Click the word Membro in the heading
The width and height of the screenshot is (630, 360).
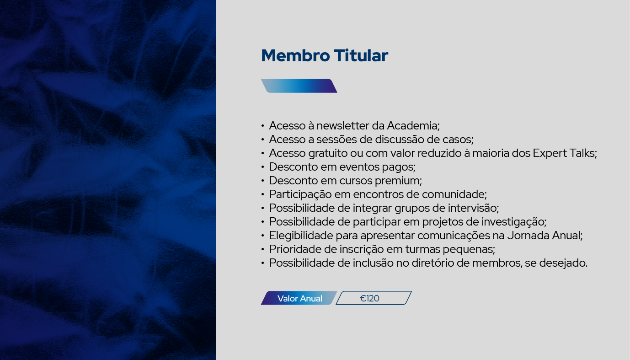[x=295, y=55]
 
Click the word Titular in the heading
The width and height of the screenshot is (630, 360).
[x=361, y=55]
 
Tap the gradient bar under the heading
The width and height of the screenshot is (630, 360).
[x=299, y=86]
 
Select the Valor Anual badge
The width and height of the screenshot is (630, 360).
[x=299, y=298]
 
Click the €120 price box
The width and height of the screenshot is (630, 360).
[x=374, y=298]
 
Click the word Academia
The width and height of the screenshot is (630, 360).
[x=412, y=125]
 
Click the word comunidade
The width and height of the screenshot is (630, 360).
[x=453, y=194]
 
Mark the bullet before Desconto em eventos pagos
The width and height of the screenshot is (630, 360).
[x=263, y=167]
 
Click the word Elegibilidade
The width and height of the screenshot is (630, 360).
[x=301, y=236]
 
